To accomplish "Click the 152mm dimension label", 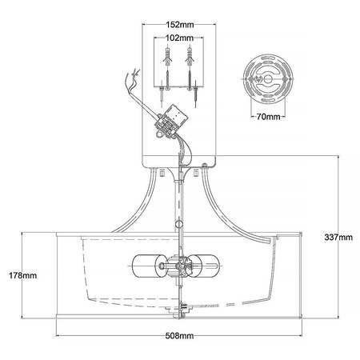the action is tap(180, 25).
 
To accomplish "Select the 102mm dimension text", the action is tap(179, 38).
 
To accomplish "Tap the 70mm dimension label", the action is tap(268, 117).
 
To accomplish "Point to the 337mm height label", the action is tap(338, 237).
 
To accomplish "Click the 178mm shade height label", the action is tap(22, 275).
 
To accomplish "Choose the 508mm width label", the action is tap(179, 335).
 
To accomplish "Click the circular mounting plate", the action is tap(268, 79).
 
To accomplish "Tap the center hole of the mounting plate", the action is tap(267, 78).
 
